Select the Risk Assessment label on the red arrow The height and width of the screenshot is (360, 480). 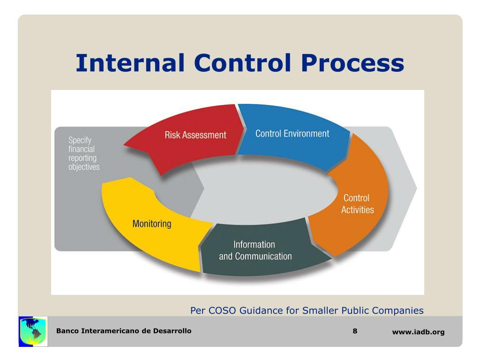tap(195, 135)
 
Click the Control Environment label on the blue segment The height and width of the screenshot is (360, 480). tap(292, 134)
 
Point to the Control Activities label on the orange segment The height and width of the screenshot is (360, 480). tap(357, 204)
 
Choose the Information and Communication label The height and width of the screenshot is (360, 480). tap(255, 250)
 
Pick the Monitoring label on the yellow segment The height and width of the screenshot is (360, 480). tap(152, 224)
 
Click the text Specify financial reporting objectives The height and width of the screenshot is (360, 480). tap(84, 153)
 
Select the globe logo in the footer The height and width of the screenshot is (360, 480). tap(33, 331)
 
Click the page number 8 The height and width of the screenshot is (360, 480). tap(355, 331)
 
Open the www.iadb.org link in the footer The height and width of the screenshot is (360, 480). tap(418, 332)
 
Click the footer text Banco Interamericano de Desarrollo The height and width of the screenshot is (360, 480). tap(124, 331)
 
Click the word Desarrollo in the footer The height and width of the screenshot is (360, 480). tap(172, 331)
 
